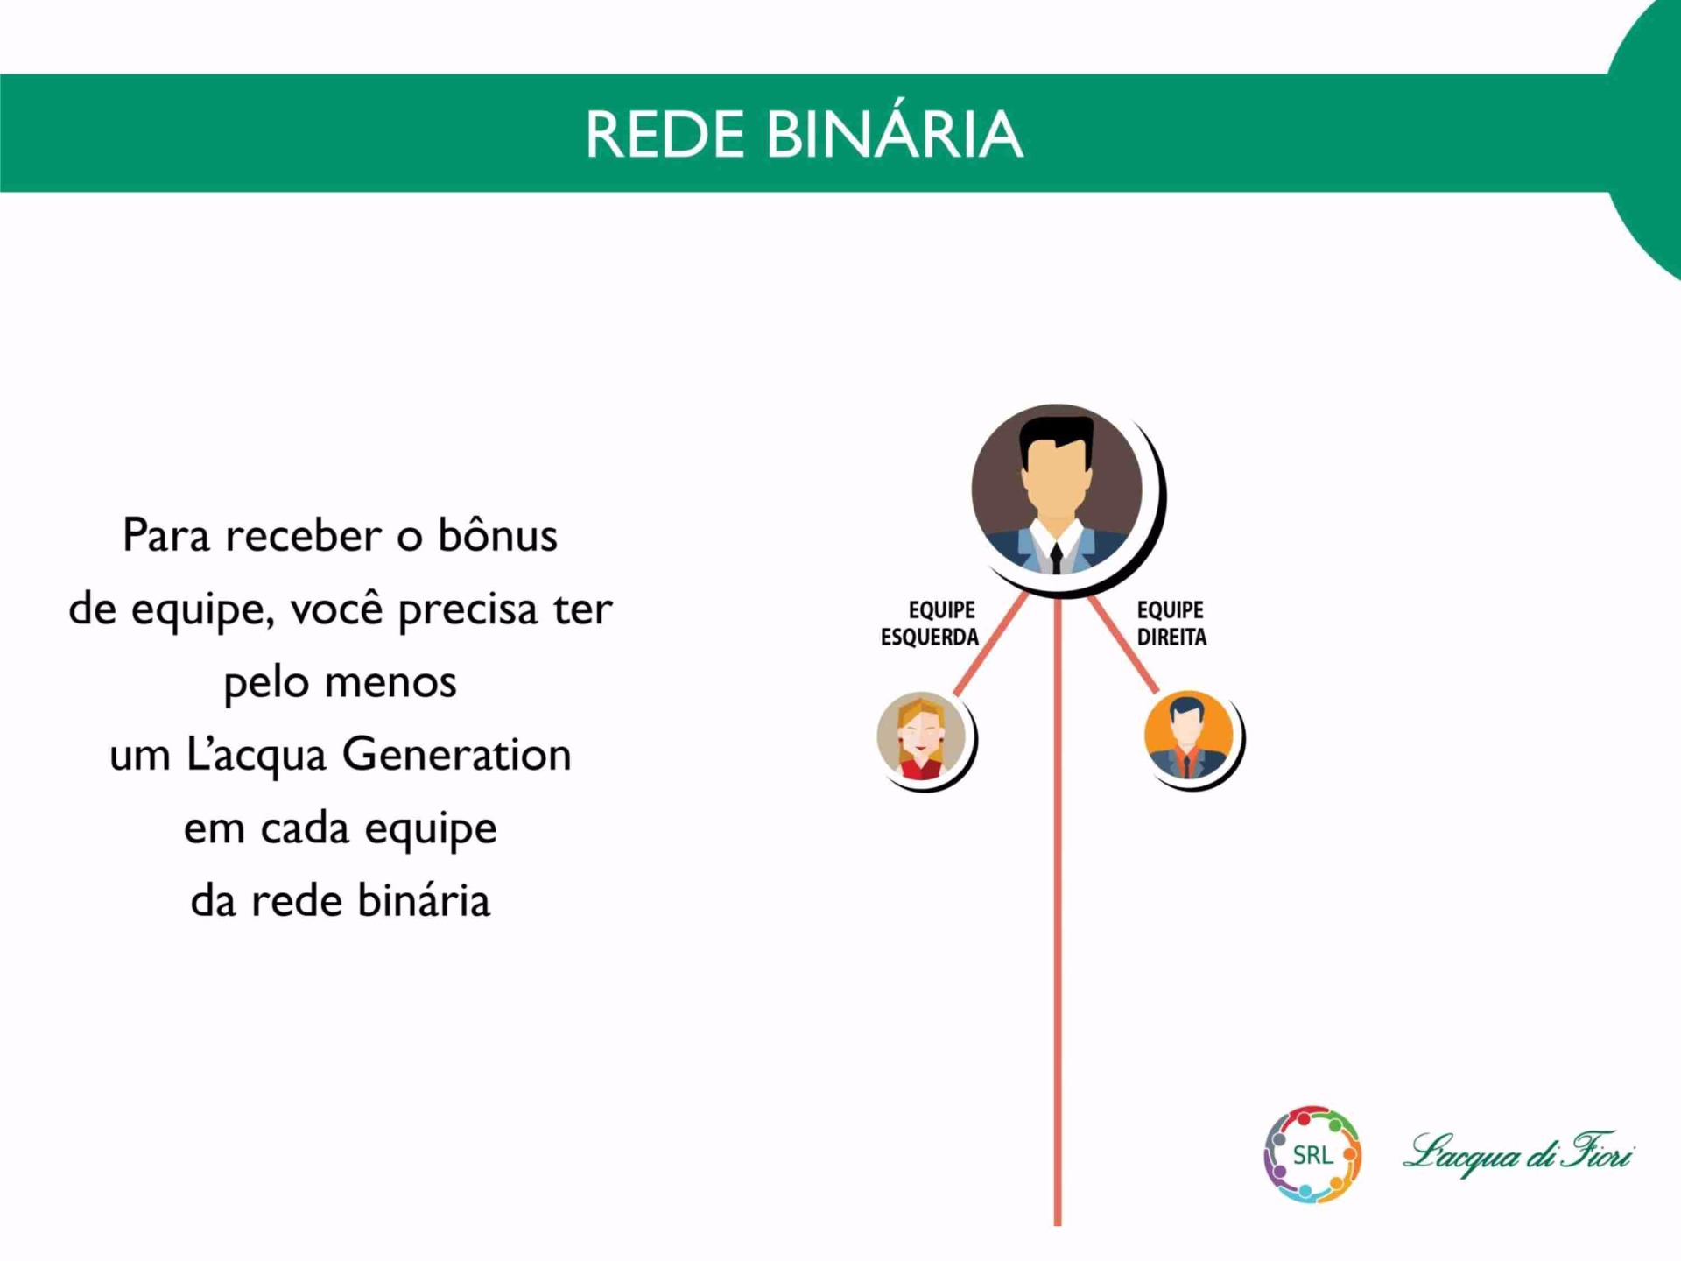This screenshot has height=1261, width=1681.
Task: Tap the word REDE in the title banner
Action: [665, 134]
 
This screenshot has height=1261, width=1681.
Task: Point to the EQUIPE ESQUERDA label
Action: [930, 623]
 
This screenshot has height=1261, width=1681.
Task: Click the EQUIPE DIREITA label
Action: [1171, 623]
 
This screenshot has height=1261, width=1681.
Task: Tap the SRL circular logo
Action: [1312, 1154]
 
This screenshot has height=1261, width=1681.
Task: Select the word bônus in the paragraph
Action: [497, 534]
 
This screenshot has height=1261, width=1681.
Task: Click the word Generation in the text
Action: [456, 754]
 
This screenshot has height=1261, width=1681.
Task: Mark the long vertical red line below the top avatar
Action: [1058, 911]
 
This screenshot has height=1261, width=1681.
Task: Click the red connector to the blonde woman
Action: [990, 644]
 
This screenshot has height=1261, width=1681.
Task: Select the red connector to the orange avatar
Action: [1123, 644]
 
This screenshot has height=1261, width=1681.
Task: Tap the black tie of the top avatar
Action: [1057, 557]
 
